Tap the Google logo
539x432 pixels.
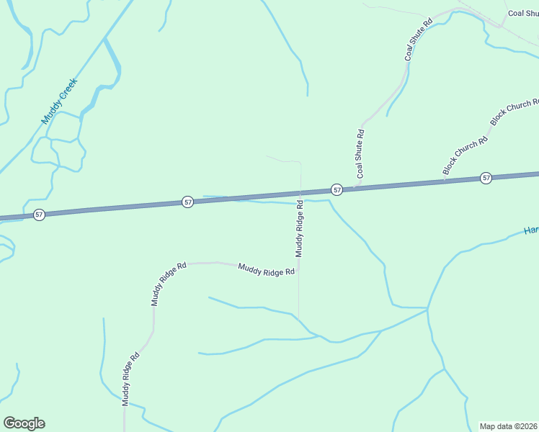[x=24, y=423]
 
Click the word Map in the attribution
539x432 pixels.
[x=489, y=426]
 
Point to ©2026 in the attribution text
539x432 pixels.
[x=524, y=426]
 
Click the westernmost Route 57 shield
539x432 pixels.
[x=39, y=215]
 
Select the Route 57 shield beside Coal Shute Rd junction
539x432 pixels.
[x=337, y=189]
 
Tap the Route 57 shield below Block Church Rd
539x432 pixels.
[x=486, y=178]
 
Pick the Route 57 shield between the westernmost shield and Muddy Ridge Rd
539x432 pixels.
[x=187, y=202]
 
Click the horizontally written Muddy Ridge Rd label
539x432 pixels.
[x=267, y=270]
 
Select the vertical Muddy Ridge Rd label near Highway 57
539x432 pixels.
[x=300, y=229]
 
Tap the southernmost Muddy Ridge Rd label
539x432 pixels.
[x=130, y=379]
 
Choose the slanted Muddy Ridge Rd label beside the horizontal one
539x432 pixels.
[x=168, y=284]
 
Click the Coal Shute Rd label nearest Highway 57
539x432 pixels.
[x=360, y=153]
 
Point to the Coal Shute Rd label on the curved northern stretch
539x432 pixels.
[x=418, y=40]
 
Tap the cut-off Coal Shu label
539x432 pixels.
[x=522, y=13]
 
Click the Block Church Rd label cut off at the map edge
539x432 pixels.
[x=514, y=112]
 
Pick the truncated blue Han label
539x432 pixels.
[x=531, y=230]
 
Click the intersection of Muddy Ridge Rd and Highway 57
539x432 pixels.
[x=300, y=194]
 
